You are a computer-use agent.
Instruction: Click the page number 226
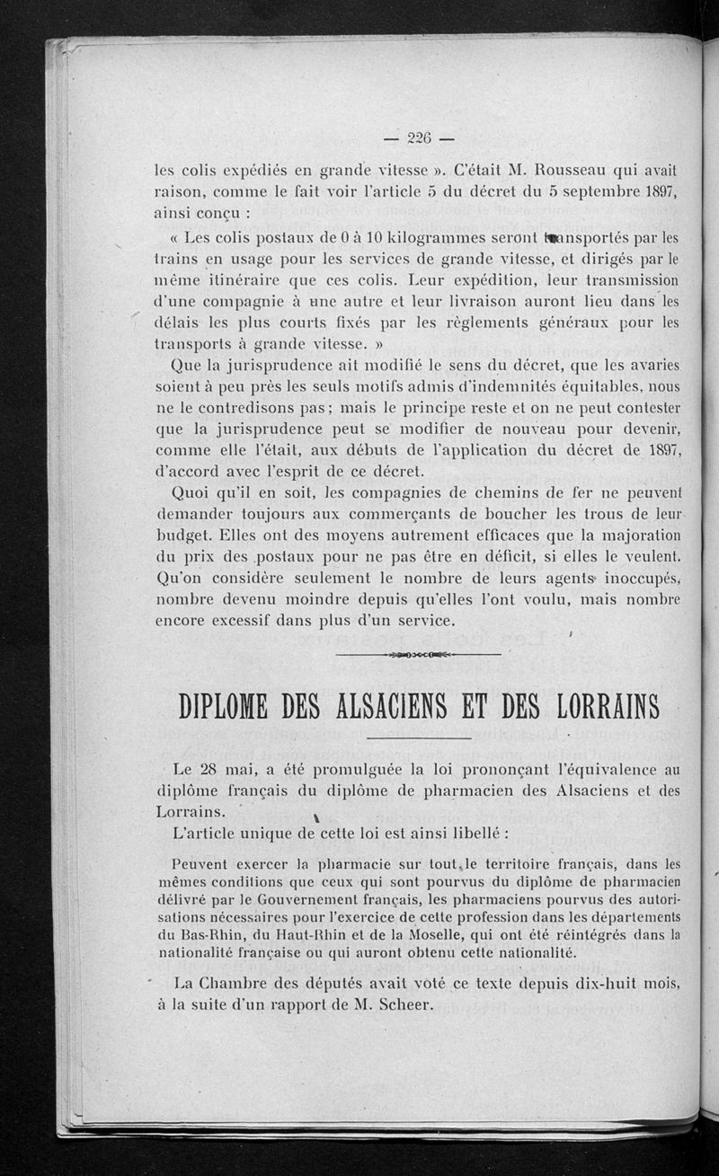point(419,138)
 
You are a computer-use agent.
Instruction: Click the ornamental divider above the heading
point(419,654)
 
